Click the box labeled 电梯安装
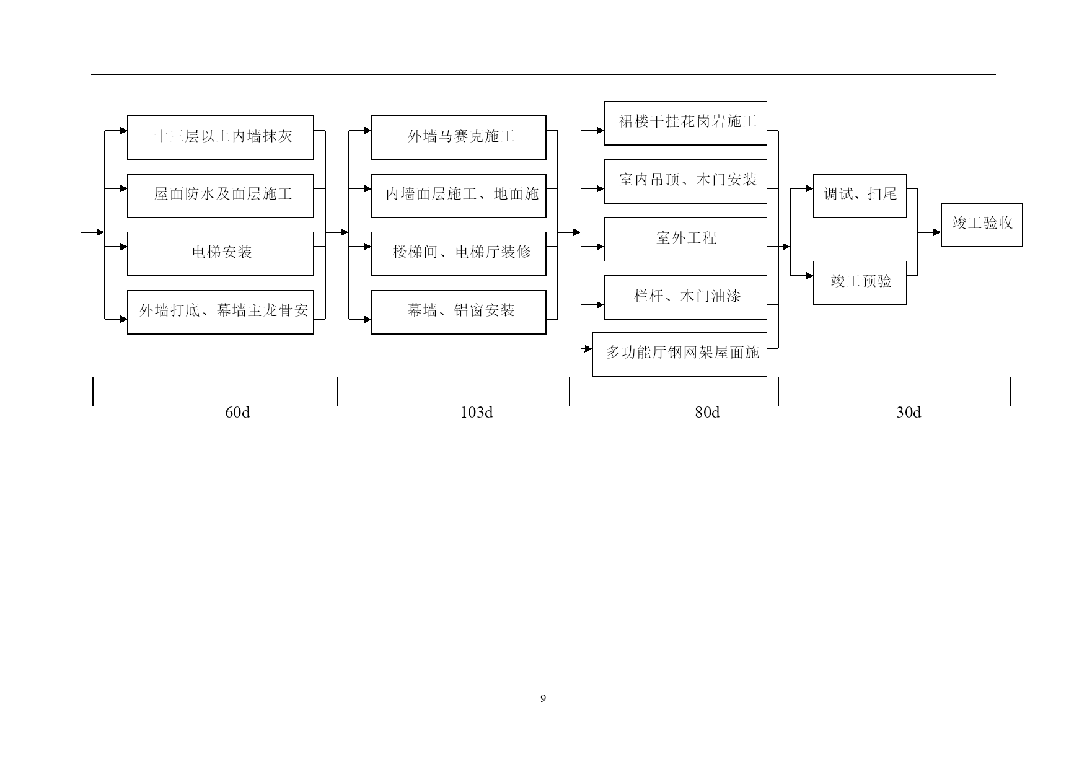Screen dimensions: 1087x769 tap(221, 254)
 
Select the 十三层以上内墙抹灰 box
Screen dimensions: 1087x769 tap(221, 138)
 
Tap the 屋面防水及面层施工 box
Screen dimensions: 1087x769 tap(221, 196)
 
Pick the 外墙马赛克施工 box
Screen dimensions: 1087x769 tap(459, 138)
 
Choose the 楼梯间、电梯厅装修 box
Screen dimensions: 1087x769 tap(459, 254)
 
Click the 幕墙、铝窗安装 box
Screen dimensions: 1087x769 tap(459, 312)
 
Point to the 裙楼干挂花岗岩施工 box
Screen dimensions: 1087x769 tap(685, 123)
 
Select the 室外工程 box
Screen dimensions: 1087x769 tap(685, 239)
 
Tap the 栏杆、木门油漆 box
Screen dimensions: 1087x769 tap(685, 297)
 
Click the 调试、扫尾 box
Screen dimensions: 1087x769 tap(860, 196)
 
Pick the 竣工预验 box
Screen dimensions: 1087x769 tap(860, 283)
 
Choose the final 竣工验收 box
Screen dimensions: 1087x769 tap(982, 225)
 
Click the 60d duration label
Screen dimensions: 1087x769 tap(237, 413)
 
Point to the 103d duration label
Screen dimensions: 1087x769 tap(477, 413)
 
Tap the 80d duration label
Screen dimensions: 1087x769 tap(707, 413)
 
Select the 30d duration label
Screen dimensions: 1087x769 tap(909, 413)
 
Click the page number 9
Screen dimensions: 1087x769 tap(543, 699)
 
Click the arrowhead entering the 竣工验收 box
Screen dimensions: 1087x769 tap(937, 232)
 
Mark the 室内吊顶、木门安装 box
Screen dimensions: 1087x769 tap(685, 182)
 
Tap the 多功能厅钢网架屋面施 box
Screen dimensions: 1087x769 tap(680, 354)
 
